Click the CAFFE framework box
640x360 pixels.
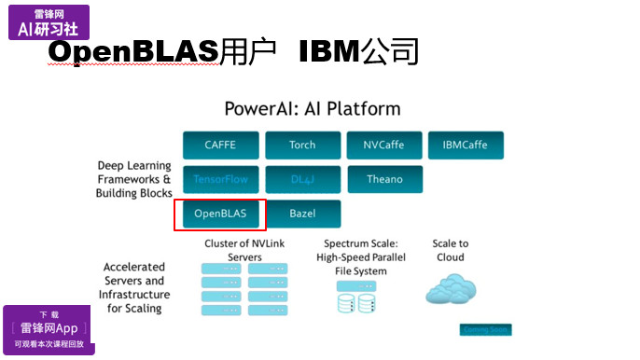(x=220, y=145)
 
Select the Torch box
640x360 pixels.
(x=302, y=145)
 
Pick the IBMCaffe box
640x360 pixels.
(x=466, y=145)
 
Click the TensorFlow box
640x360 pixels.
(x=220, y=179)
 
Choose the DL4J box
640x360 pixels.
(x=302, y=179)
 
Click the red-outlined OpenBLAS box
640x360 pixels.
(x=220, y=214)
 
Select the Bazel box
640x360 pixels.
(x=302, y=214)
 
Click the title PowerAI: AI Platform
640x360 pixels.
(x=312, y=108)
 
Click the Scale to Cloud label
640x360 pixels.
(x=451, y=250)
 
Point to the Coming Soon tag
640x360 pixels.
(x=485, y=330)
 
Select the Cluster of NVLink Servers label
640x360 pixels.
(x=244, y=250)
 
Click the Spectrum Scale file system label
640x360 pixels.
(x=363, y=257)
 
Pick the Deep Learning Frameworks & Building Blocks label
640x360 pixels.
(x=134, y=180)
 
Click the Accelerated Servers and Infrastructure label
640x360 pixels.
(x=134, y=287)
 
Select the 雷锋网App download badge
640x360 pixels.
(x=48, y=328)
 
